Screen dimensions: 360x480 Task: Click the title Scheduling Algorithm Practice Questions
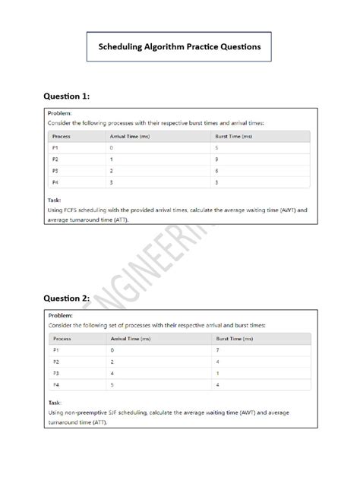179,46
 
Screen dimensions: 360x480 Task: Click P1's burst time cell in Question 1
217,147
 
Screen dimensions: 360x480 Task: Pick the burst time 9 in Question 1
217,159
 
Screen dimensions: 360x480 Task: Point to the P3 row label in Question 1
55,171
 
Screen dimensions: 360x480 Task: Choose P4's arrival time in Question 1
112,183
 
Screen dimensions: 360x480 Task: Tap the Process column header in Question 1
62,136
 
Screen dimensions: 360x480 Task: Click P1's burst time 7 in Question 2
218,350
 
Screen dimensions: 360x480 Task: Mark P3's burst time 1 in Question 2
218,374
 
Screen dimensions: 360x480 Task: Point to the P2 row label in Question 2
55,362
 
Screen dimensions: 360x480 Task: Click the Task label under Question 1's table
55,201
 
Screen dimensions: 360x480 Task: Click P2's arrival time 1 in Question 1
112,159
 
